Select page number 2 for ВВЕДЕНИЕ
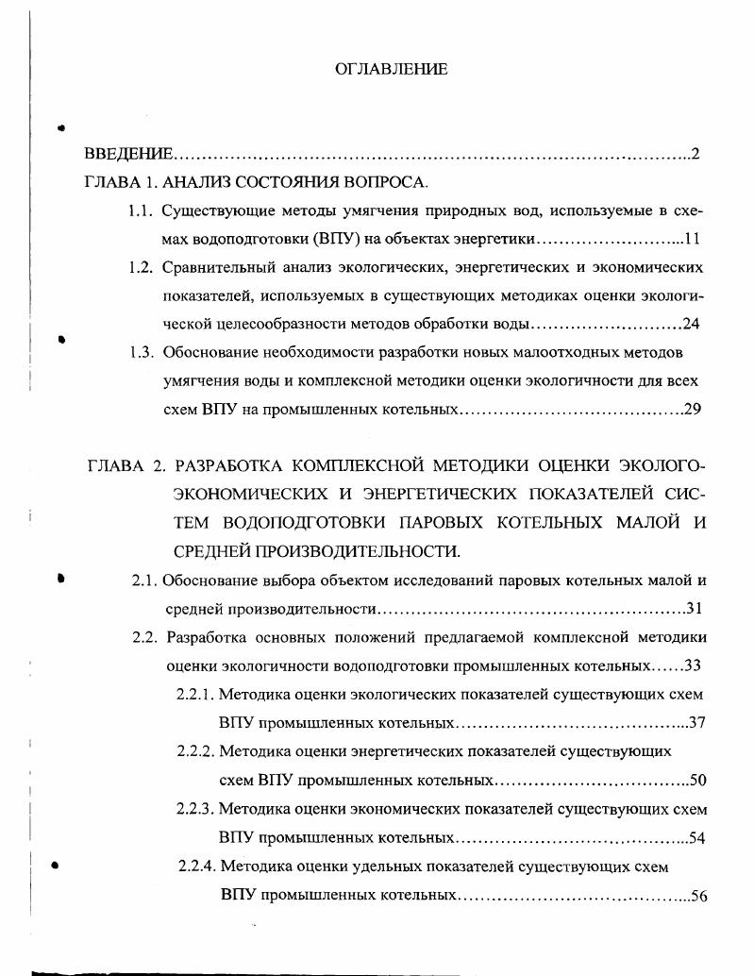pyautogui.click(x=695, y=154)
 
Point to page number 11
pyautogui.click(x=693, y=238)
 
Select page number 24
pyautogui.click(x=691, y=325)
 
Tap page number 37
pyautogui.click(x=698, y=724)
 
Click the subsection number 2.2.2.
pyautogui.click(x=196, y=752)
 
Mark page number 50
pyautogui.click(x=698, y=781)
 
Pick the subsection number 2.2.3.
pyautogui.click(x=196, y=809)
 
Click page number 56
pyautogui.click(x=699, y=896)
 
